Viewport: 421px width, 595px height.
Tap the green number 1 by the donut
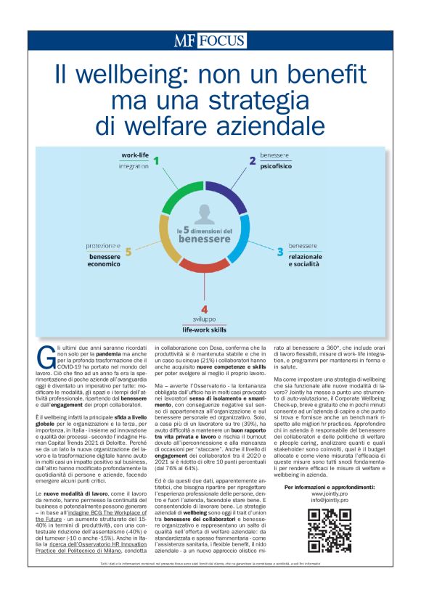tap(155, 161)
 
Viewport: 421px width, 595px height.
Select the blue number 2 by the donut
tap(252, 161)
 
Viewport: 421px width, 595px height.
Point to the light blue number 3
tap(279, 252)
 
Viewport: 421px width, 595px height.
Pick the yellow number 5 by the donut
tap(128, 252)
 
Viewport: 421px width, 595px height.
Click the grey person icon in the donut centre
tap(204, 216)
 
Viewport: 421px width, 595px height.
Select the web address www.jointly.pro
tap(329, 493)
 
